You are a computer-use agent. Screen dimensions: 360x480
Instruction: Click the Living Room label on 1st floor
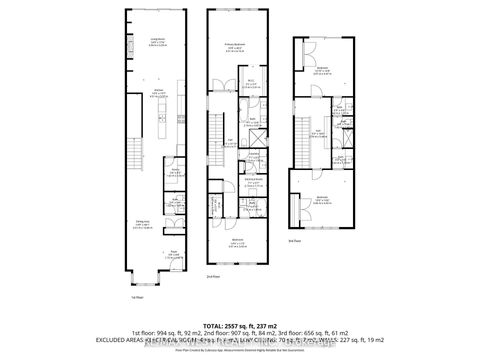[156, 40]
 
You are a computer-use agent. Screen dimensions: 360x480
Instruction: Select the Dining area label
[144, 224]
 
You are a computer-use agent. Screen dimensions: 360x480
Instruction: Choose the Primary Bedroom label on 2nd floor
[236, 46]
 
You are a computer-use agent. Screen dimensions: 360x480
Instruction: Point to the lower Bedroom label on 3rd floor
[322, 199]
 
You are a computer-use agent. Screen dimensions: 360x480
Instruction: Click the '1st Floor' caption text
[134, 296]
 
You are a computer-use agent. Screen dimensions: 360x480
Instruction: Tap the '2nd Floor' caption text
[211, 276]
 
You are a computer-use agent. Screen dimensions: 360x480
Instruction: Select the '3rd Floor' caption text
[294, 240]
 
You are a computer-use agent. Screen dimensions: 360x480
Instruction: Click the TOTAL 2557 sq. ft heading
[240, 325]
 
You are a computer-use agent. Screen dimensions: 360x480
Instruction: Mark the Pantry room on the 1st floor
[176, 172]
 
